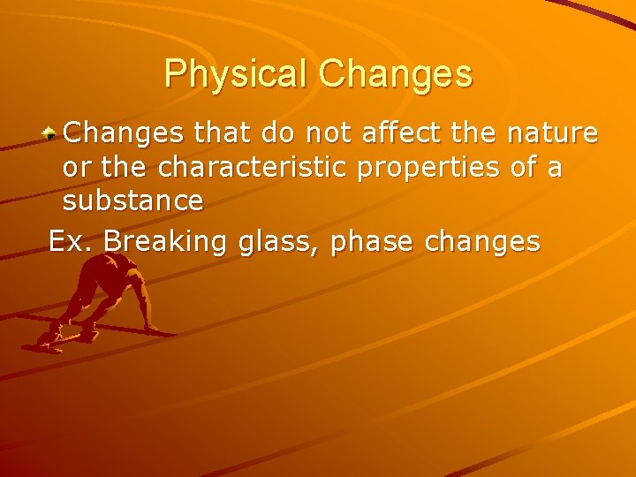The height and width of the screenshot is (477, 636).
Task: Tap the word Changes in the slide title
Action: [396, 74]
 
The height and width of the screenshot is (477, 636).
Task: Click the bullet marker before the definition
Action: [52, 133]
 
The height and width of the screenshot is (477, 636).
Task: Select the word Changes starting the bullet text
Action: [124, 133]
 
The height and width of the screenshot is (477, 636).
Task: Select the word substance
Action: [132, 201]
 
